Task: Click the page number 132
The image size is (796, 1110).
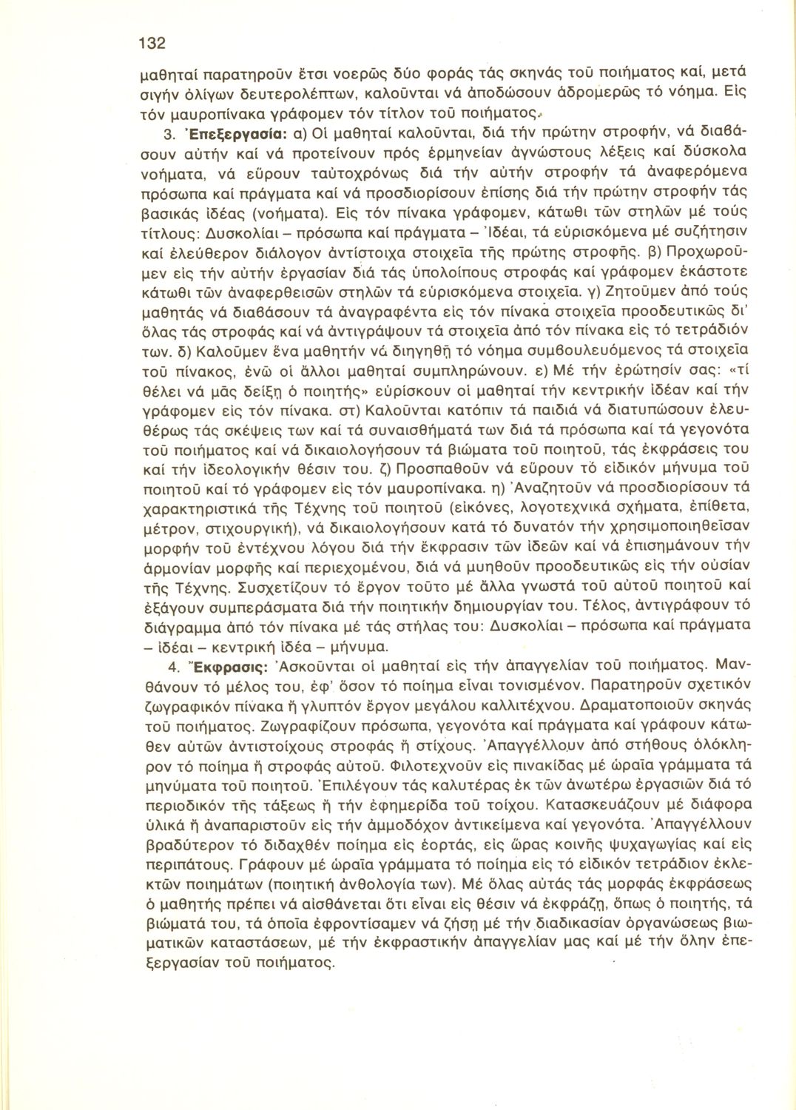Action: (x=152, y=43)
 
